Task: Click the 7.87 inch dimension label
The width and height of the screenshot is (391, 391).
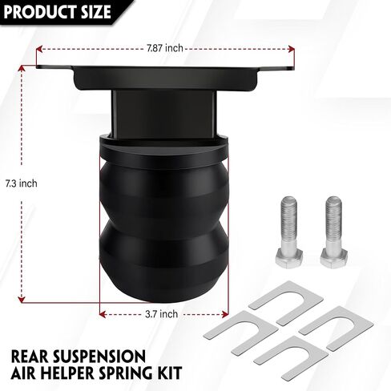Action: [165, 48]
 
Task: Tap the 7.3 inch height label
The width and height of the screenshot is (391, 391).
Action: [22, 183]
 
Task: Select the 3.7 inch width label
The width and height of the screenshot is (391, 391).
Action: [162, 314]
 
